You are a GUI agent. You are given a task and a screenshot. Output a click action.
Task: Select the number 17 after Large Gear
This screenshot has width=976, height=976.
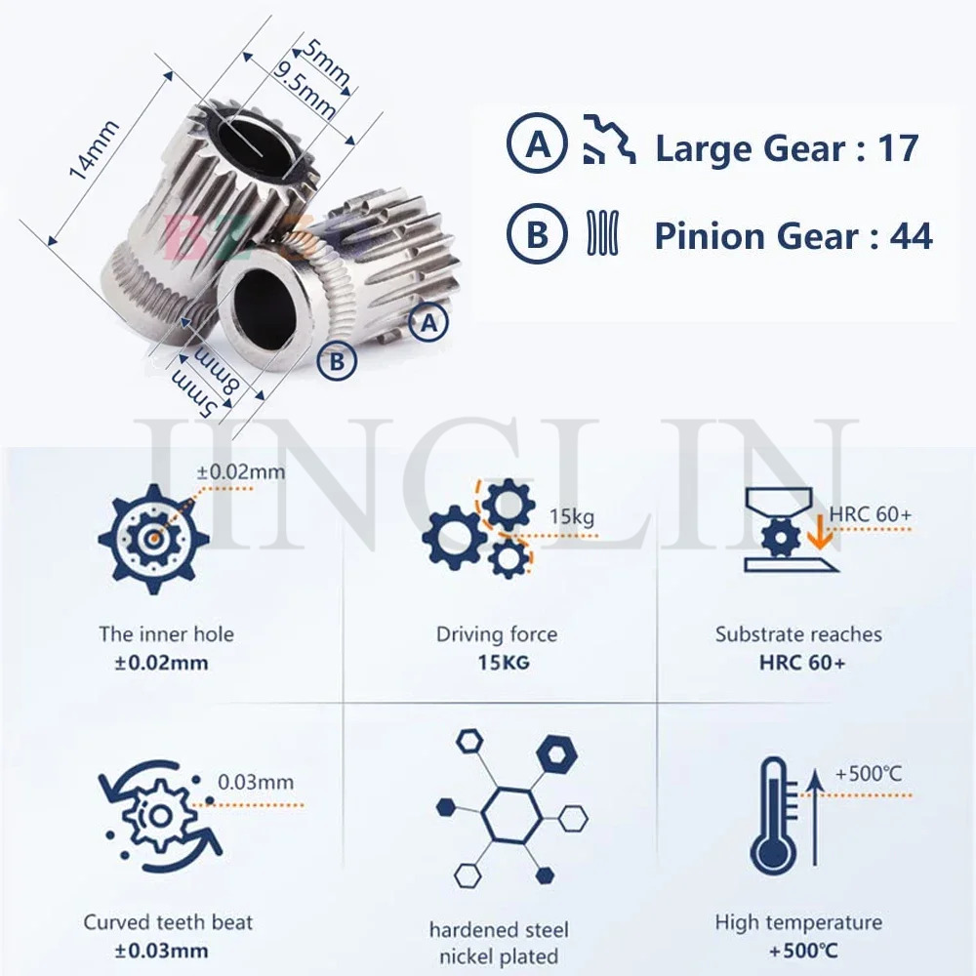click(x=896, y=148)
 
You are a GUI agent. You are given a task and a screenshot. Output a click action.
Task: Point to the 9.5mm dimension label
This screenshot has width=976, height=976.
click(x=305, y=90)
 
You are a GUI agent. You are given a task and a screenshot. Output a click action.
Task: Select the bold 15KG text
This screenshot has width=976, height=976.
click(x=497, y=664)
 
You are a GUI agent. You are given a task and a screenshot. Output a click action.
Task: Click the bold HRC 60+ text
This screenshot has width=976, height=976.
click(x=798, y=664)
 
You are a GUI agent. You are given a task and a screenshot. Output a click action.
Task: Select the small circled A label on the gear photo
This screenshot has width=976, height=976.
click(x=428, y=322)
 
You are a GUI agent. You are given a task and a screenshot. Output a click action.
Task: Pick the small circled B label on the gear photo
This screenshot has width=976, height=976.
click(x=337, y=362)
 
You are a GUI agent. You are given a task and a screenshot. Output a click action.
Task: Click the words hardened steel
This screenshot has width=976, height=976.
click(x=498, y=930)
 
